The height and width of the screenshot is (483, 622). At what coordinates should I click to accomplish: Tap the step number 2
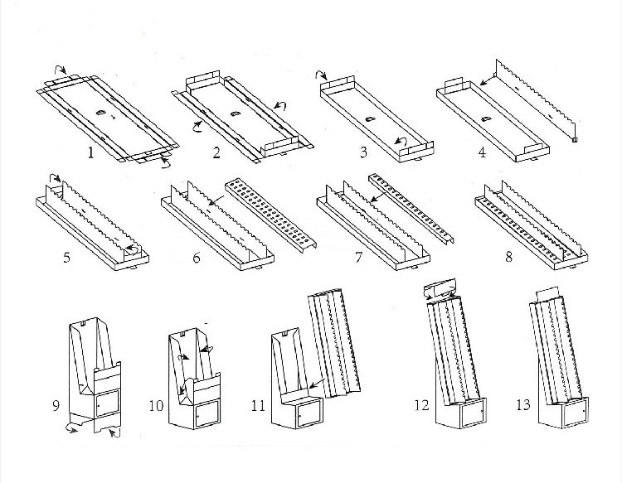217,152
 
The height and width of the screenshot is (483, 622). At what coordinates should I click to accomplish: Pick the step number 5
66,257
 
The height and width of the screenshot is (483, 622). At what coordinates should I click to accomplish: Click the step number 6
197,257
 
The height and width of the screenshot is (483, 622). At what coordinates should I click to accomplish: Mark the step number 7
359,257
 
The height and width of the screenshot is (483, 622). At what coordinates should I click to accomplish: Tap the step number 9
56,406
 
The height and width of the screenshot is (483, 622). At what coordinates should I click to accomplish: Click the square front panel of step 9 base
104,405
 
